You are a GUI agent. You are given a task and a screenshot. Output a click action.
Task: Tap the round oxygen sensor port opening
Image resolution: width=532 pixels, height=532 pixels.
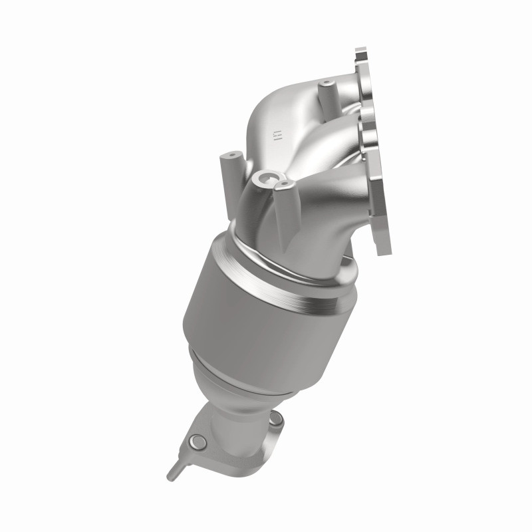pos(267,178)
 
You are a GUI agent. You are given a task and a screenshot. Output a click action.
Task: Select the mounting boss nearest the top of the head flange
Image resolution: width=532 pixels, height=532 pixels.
pos(327,87)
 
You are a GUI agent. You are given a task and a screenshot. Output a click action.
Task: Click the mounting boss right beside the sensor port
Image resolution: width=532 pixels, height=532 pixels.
pos(284,184)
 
